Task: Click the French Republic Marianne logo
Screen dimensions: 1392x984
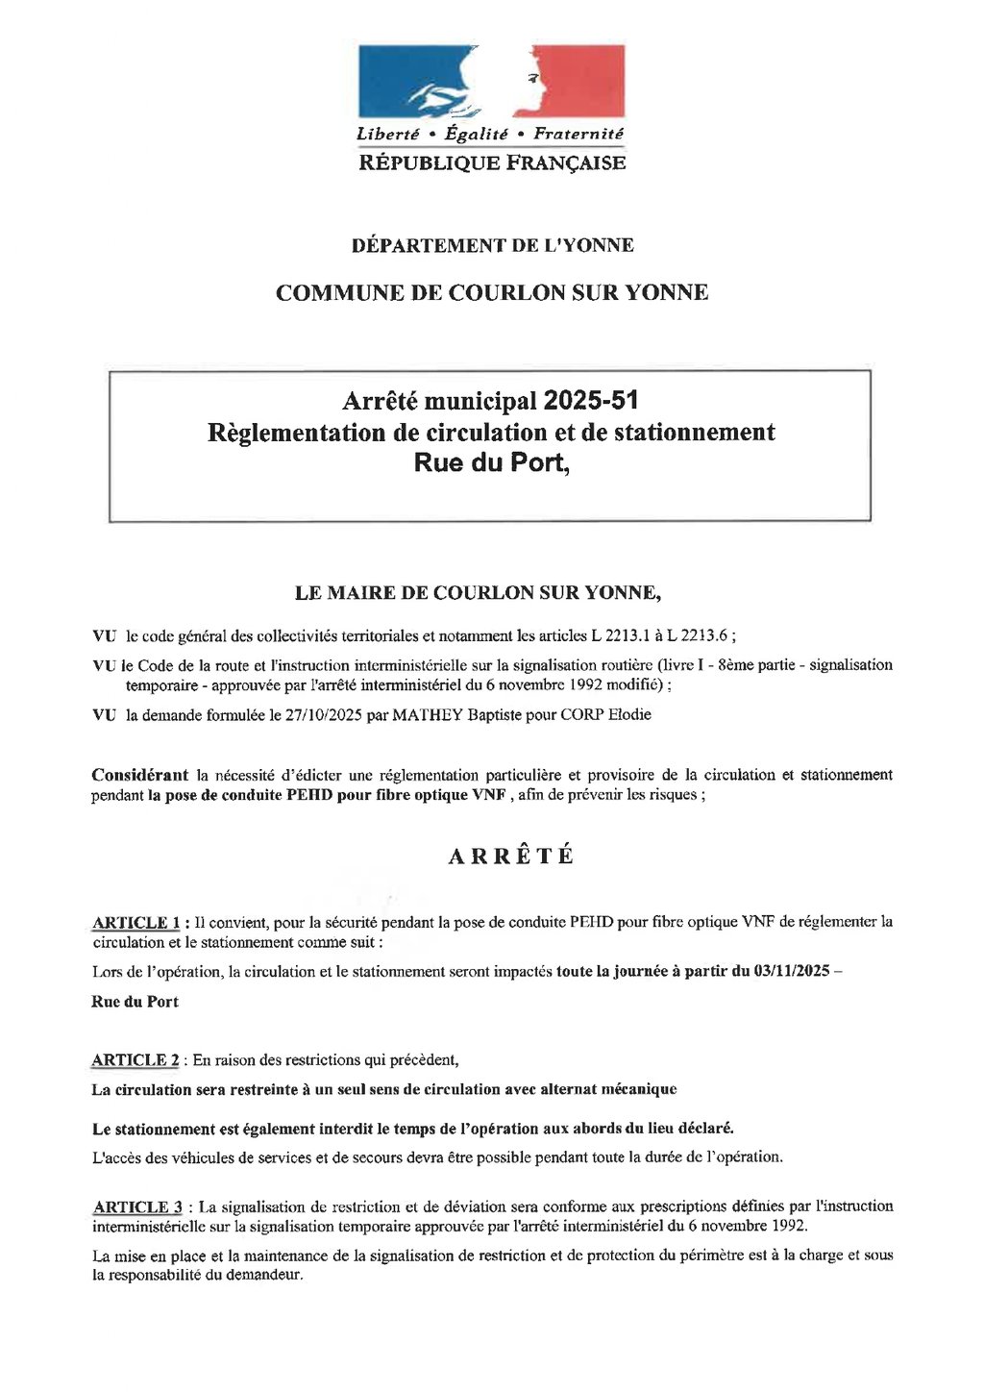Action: point(491,81)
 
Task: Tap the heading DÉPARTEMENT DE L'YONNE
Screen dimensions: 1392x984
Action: point(492,245)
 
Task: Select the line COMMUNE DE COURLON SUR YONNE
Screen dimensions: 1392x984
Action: point(492,293)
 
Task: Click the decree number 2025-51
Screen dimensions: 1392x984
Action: point(591,400)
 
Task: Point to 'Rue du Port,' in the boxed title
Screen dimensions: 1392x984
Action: point(492,463)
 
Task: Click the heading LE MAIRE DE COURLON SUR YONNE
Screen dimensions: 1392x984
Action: point(478,593)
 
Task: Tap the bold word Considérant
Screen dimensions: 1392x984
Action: point(140,775)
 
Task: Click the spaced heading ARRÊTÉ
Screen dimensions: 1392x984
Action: point(511,857)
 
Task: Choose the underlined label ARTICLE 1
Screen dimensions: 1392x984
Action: point(135,923)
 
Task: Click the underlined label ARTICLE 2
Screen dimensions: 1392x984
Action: point(135,1060)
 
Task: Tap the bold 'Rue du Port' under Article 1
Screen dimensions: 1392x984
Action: point(135,1002)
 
